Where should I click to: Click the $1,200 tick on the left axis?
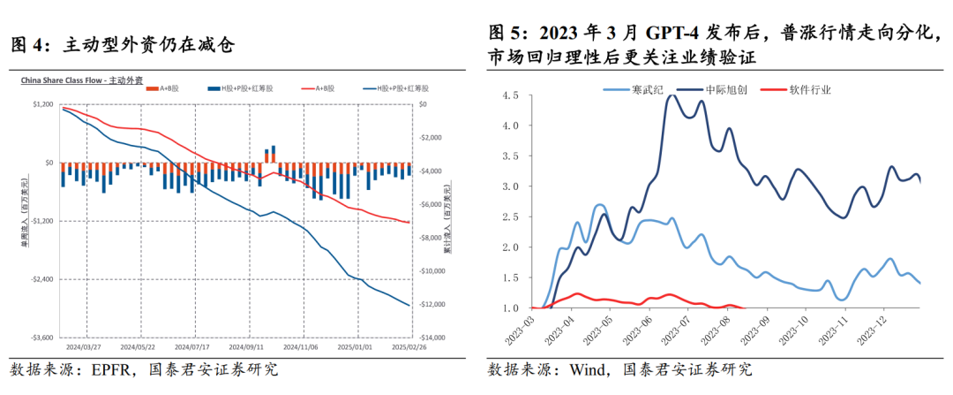point(41,105)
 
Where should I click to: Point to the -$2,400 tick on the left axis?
point(41,279)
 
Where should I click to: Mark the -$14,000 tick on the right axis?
point(432,338)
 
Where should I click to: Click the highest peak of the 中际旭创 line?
point(672,95)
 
